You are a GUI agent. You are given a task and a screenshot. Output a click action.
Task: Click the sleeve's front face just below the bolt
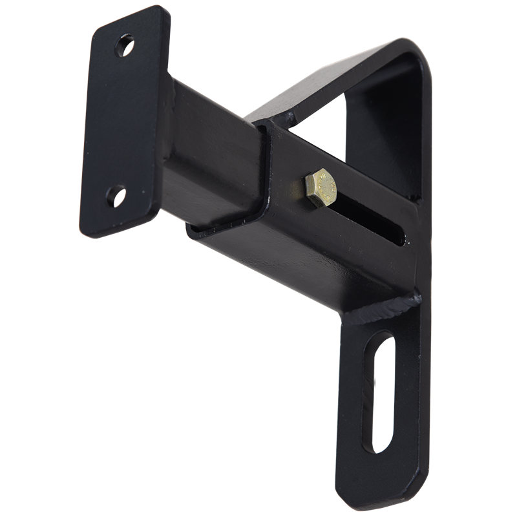pos(310,246)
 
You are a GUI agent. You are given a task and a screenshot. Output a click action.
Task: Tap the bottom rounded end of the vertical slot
pos(377,446)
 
